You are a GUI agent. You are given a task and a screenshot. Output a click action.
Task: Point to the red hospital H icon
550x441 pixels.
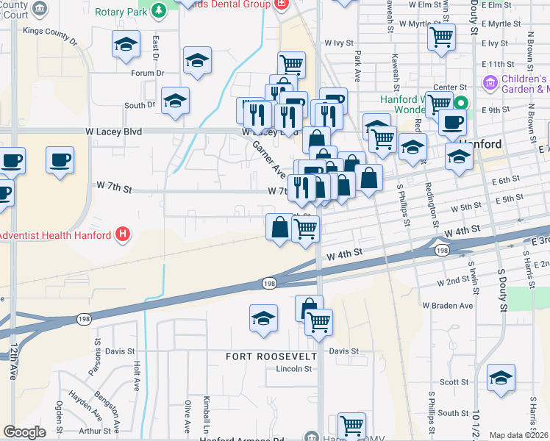(x=124, y=235)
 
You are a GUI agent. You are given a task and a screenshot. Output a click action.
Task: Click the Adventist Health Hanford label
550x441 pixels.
(x=54, y=235)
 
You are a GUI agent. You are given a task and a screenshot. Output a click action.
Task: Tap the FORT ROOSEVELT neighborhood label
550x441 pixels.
(x=271, y=356)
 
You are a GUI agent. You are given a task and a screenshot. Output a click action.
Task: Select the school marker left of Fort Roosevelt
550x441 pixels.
(x=263, y=318)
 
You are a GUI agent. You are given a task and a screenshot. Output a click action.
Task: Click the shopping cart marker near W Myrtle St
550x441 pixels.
(x=440, y=36)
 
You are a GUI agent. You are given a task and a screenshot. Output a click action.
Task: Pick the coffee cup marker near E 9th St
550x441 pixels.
(x=452, y=122)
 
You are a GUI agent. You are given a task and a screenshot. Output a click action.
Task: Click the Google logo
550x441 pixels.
(x=24, y=432)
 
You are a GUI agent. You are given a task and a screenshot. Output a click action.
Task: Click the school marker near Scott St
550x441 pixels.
(x=501, y=378)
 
